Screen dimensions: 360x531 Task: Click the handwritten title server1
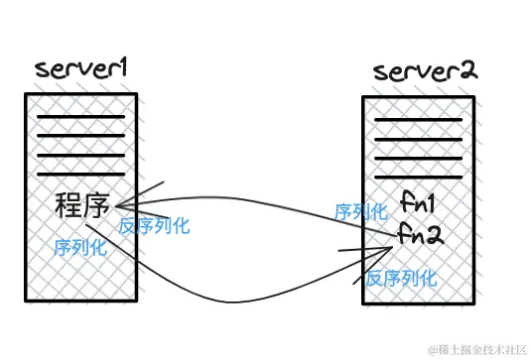[x=84, y=70]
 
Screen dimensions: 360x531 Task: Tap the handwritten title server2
[x=425, y=72]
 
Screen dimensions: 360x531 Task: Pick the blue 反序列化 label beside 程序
[x=154, y=225]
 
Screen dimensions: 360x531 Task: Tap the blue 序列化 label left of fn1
[x=361, y=211]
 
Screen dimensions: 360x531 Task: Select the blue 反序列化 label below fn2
[x=400, y=279]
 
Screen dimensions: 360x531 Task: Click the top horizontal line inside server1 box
[x=80, y=117]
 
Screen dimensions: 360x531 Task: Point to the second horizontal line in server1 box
[x=80, y=136]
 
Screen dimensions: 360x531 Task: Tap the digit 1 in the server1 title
[x=127, y=68]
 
